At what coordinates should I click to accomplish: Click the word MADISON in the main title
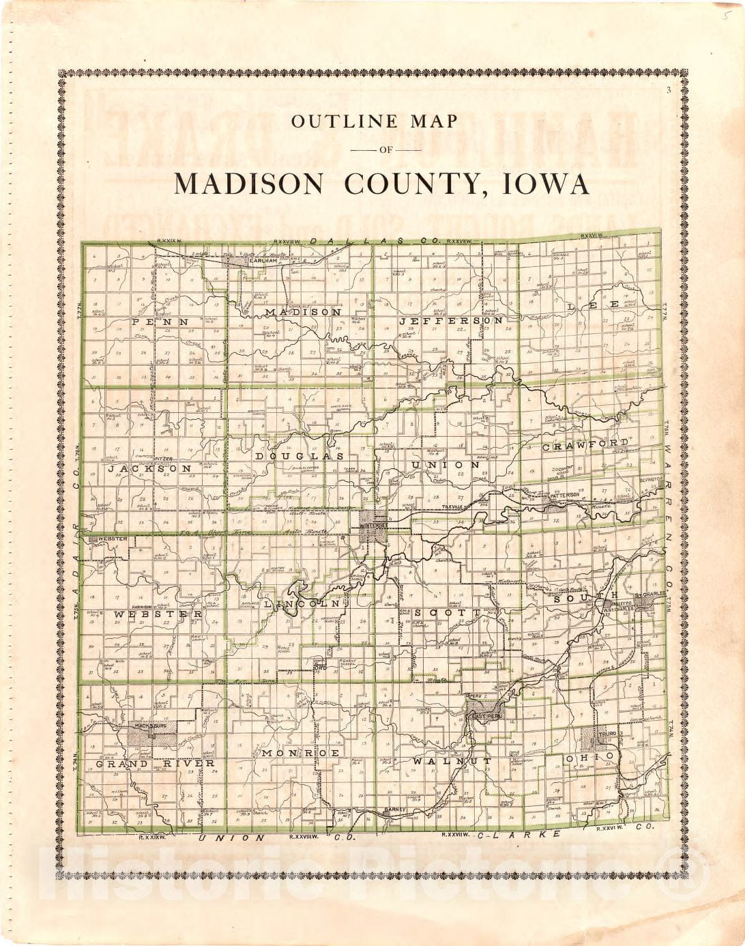tap(250, 184)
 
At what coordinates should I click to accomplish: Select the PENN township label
tap(160, 321)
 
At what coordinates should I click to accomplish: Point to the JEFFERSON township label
tap(451, 320)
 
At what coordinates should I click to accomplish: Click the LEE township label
tap(593, 305)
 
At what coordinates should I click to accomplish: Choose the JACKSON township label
tap(150, 469)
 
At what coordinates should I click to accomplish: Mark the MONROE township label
tap(300, 752)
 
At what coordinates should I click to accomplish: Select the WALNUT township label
tap(452, 760)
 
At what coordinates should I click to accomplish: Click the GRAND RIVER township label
tap(156, 763)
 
